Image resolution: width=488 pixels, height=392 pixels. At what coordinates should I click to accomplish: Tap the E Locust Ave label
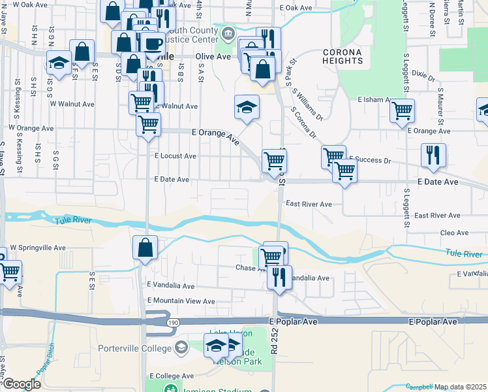pos(175,156)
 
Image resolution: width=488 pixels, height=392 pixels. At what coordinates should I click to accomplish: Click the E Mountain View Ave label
pos(181,301)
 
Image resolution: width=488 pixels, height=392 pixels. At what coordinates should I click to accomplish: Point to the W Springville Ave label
pos(38,248)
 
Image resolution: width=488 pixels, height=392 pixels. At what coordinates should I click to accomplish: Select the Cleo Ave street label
pos(455,233)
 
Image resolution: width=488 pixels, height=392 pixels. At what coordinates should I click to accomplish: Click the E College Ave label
pos(172,376)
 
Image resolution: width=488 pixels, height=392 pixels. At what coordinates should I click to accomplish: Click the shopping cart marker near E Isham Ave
pos(402,110)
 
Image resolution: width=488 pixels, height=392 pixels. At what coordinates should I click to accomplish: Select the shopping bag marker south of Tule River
pos(144,248)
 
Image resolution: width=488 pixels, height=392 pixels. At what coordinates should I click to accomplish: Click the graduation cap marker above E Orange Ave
pos(247,106)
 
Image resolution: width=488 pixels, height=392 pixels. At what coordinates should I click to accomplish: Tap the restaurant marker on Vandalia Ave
pos(279,277)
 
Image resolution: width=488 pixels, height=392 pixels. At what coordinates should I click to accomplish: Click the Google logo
pos(21,384)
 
